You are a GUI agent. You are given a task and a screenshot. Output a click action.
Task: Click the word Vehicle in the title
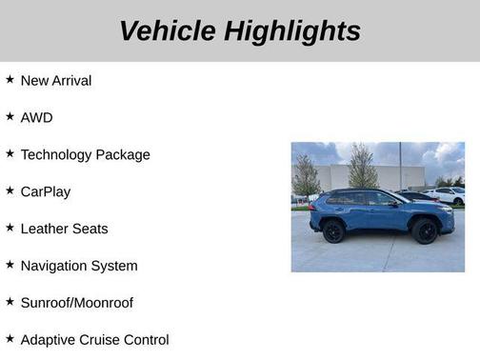(167, 30)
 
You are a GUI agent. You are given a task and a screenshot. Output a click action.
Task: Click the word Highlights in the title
(292, 30)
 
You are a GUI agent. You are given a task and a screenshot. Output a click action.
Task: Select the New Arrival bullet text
(56, 81)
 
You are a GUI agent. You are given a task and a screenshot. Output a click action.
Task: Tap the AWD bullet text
(36, 118)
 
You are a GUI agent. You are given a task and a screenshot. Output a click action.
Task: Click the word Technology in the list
(57, 155)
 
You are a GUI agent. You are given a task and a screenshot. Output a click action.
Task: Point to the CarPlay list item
(45, 192)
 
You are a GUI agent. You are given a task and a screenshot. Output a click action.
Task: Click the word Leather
(44, 230)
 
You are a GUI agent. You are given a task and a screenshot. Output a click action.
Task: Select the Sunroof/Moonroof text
(76, 304)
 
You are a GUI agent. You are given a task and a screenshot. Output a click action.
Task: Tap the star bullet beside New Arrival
(10, 80)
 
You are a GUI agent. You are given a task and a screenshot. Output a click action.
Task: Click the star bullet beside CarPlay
(10, 191)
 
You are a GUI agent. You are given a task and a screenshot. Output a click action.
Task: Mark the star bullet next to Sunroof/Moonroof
(10, 303)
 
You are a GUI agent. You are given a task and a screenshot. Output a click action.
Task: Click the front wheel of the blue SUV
(425, 231)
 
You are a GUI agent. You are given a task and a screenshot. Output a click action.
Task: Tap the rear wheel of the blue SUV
(333, 230)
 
